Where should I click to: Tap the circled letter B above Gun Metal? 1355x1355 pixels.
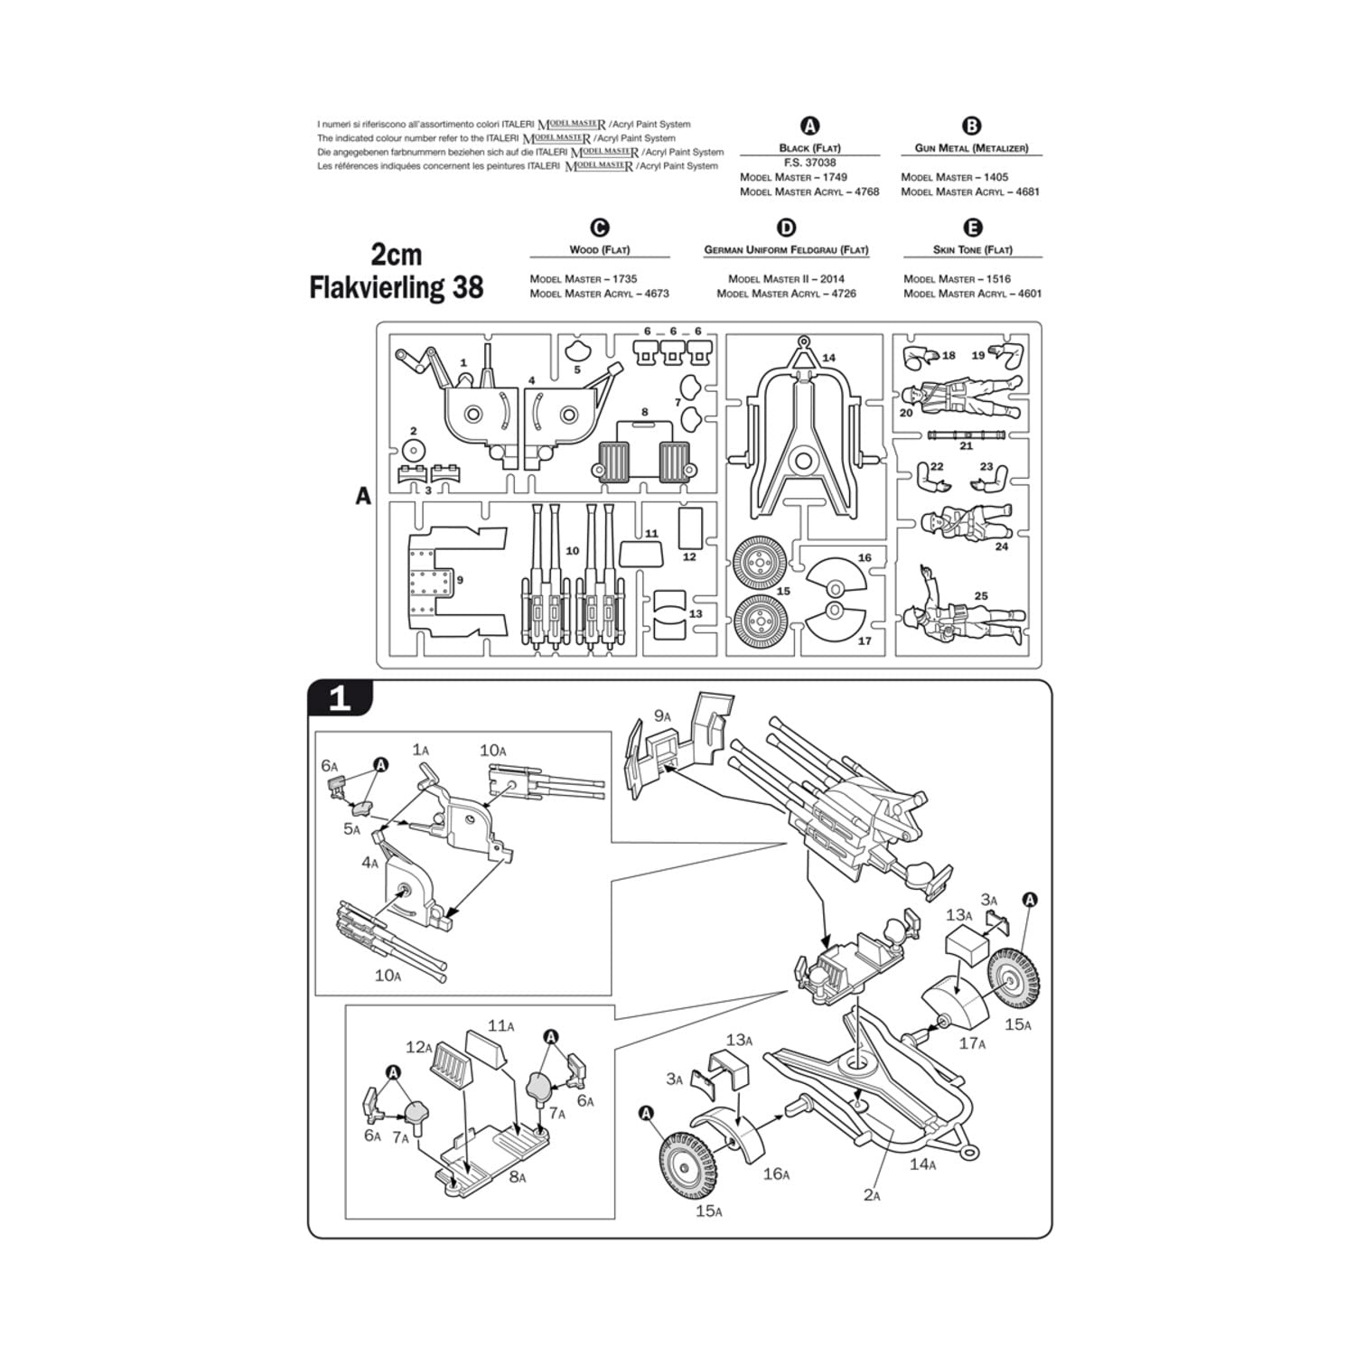click(971, 126)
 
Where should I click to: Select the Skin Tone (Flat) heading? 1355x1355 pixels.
click(972, 249)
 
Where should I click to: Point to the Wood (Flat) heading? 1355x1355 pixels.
click(599, 249)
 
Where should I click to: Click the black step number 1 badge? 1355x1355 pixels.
click(340, 698)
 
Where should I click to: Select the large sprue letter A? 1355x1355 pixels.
click(363, 496)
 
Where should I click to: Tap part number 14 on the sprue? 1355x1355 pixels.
click(828, 358)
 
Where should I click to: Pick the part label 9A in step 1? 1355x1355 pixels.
click(663, 716)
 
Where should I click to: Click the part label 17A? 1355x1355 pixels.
click(972, 1043)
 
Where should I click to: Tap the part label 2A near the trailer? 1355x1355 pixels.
click(871, 1195)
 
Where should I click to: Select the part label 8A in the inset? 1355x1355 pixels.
click(516, 1177)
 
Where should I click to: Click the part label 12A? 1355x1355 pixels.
click(420, 1047)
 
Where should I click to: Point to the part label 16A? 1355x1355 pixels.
click(776, 1174)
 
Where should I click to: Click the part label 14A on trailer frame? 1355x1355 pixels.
click(922, 1164)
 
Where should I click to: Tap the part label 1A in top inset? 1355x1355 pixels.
click(421, 750)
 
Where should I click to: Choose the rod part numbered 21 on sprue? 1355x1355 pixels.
click(966, 435)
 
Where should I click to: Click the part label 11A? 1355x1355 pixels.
click(500, 1025)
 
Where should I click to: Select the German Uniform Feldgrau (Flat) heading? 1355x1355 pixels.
click(786, 249)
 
